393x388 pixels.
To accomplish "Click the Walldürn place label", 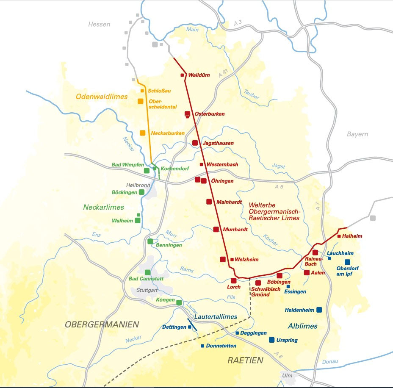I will [x=199, y=75].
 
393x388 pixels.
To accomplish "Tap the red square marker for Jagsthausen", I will [x=195, y=143].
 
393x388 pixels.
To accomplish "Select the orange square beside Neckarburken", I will [x=143, y=133].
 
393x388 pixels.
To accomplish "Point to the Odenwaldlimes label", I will [x=102, y=97].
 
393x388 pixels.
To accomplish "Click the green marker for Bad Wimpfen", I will [x=147, y=171].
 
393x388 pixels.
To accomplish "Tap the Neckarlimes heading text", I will [x=103, y=207].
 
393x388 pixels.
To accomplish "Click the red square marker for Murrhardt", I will [x=216, y=229].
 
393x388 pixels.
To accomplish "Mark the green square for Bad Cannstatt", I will [x=147, y=272].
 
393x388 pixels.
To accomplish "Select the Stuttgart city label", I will [x=147, y=291].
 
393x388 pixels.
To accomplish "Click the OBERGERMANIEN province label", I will [x=102, y=325].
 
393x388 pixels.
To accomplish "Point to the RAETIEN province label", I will [x=245, y=360].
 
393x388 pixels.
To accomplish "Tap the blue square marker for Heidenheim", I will [x=319, y=310].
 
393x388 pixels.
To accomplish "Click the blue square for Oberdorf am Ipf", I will [x=347, y=262].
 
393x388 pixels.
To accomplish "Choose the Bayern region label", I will [x=357, y=134].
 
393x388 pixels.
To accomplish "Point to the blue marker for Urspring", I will [x=271, y=340].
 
